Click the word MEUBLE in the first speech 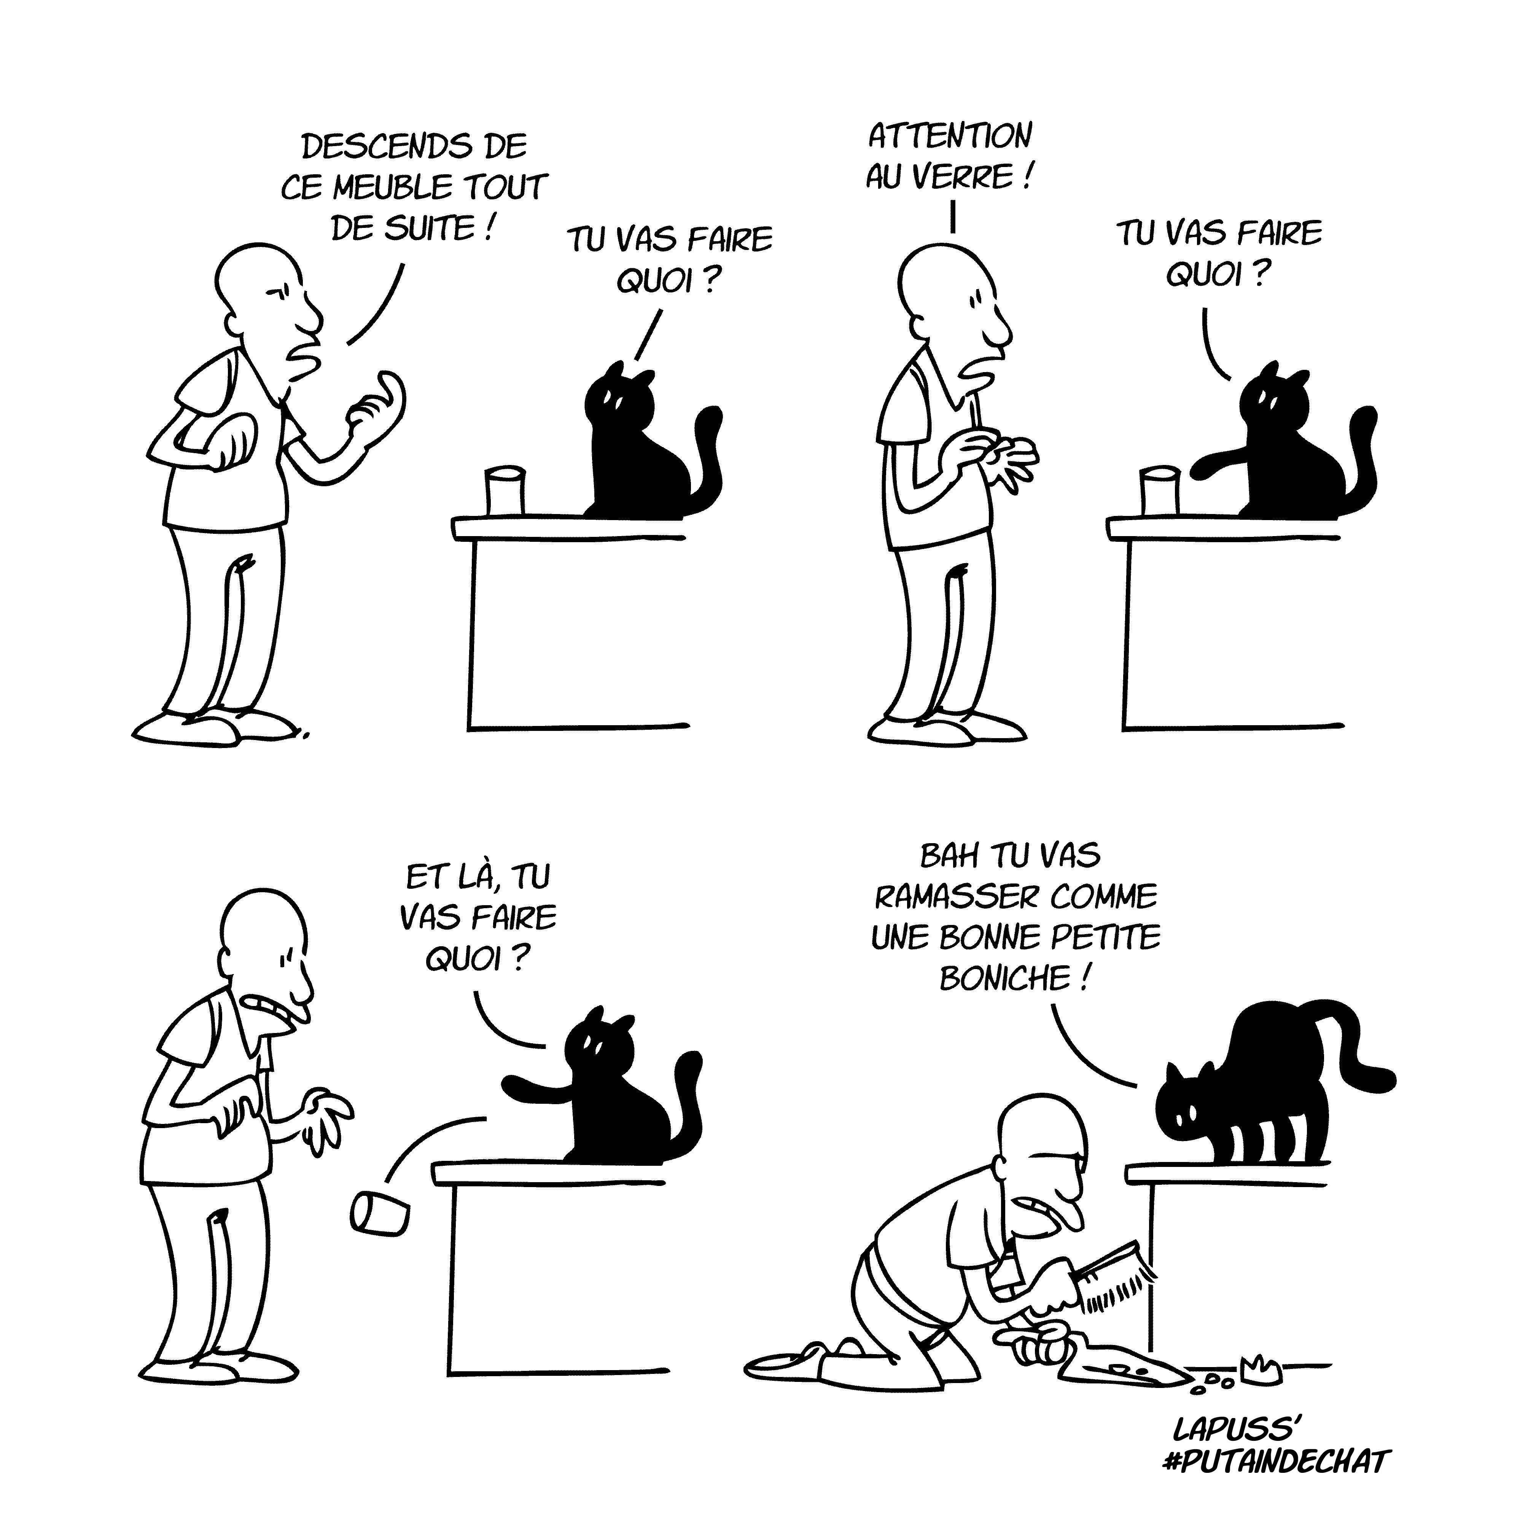pyautogui.click(x=392, y=188)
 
